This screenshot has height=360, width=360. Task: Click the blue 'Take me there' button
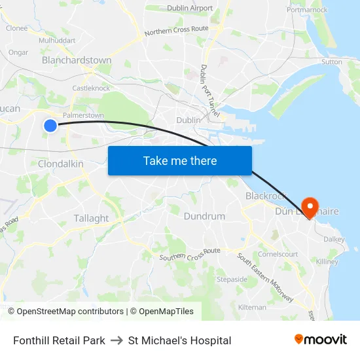click(180, 160)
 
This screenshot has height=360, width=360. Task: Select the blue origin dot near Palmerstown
click(50, 125)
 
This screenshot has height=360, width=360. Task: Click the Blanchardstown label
click(77, 60)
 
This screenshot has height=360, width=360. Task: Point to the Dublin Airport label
click(190, 8)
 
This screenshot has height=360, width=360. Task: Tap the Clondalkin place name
click(60, 164)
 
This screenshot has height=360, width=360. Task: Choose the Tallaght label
click(92, 218)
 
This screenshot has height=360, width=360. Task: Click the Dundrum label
click(204, 216)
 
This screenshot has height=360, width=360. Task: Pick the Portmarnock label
click(307, 10)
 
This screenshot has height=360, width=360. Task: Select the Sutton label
click(331, 62)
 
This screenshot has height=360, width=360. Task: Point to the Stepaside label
click(232, 279)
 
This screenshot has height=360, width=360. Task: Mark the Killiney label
click(327, 262)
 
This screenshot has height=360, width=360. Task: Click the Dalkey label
click(334, 240)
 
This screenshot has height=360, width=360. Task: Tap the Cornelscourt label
click(278, 254)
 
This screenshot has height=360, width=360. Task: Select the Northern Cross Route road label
click(176, 30)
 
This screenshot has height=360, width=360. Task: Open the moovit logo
click(320, 340)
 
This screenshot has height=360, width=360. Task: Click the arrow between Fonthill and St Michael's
click(117, 340)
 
